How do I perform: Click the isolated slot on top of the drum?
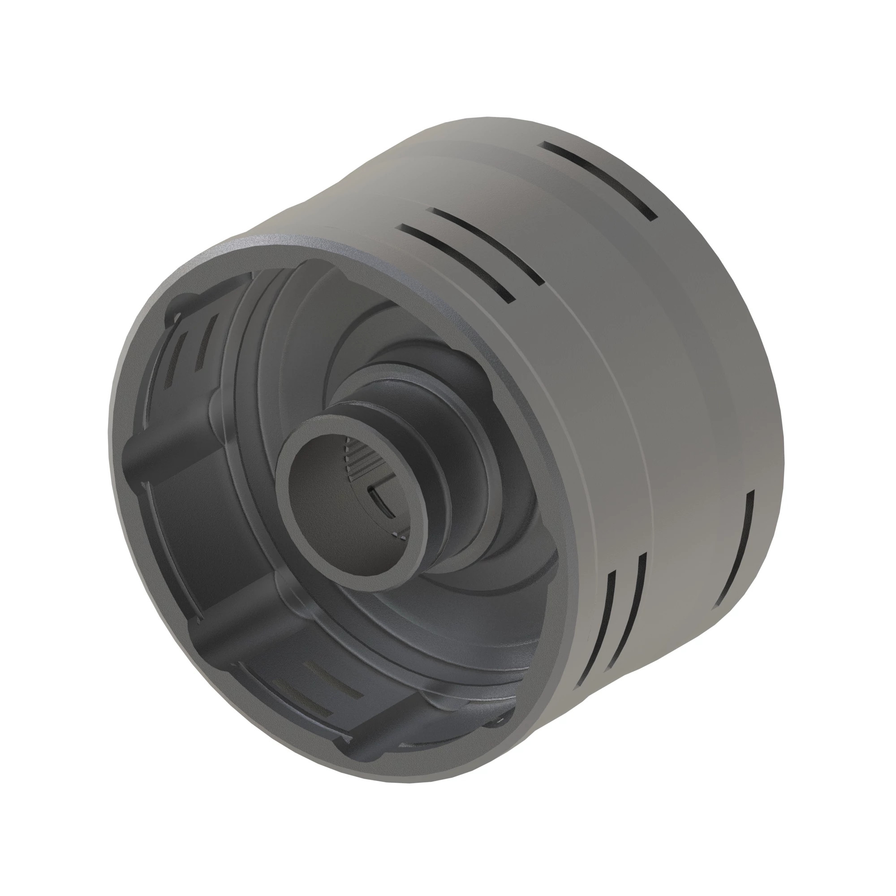point(600,179)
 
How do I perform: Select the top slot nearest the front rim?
point(457,262)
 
